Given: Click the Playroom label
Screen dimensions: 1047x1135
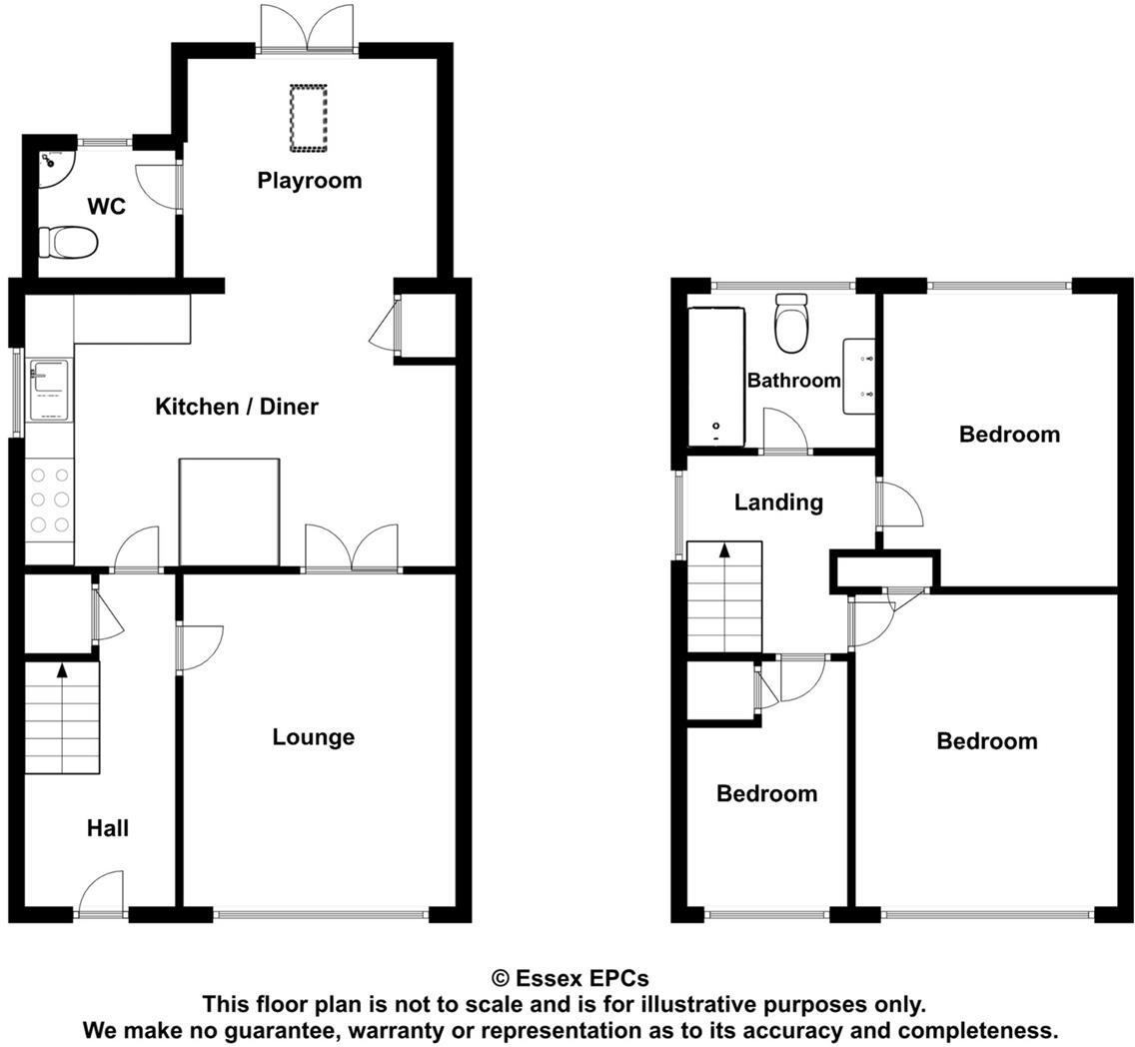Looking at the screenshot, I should pos(309,181).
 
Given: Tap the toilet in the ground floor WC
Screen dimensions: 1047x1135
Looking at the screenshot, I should pos(69,242).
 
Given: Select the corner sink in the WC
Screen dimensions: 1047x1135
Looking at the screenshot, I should pos(50,165).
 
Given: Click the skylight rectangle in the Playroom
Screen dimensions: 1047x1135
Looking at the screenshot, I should pos(309,119).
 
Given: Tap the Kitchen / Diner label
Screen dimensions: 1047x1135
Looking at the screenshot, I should pos(237,407).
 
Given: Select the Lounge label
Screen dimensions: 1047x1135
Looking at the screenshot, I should pos(313,737).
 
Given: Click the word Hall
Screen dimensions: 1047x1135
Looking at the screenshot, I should pos(107,828).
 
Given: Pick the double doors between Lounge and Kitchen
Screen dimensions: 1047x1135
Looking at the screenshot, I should pos(351,549).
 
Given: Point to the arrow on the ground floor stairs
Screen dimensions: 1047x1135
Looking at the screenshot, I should pos(62,671).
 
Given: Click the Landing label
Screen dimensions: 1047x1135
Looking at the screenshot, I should pos(778,503).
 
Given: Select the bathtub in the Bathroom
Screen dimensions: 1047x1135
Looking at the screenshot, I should pos(716,377).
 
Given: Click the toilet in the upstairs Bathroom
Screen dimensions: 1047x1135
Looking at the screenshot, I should pos(791,324).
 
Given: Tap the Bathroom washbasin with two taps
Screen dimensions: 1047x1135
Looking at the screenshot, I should pos(859,376).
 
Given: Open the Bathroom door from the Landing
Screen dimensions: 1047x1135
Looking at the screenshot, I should pos(784,434).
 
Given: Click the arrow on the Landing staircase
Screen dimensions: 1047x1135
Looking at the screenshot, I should pos(723,551).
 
